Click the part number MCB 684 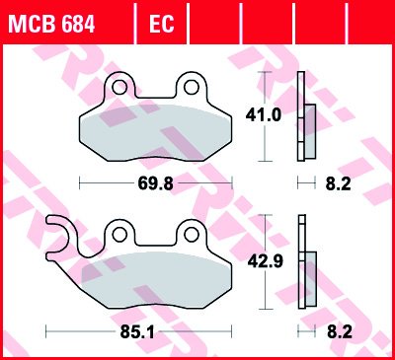51,24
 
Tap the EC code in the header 161,24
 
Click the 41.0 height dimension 264,115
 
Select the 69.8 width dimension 155,183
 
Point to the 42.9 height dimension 266,261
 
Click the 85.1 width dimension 137,332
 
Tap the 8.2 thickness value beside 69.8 339,183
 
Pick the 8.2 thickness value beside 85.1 340,332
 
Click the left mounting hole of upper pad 119,88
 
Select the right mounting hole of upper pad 192,88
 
